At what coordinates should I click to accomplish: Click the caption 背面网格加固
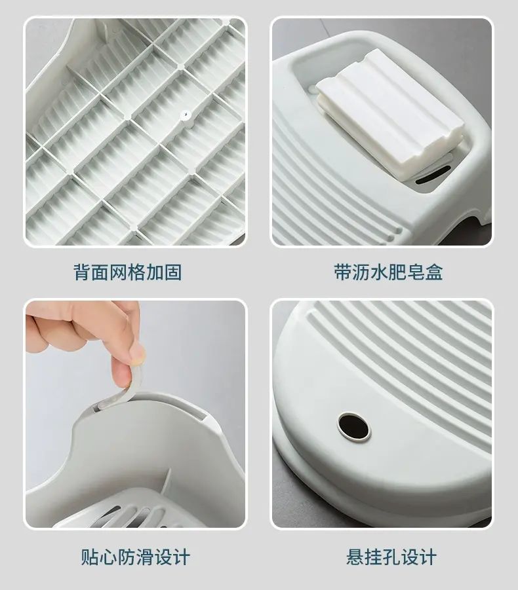pos(128,272)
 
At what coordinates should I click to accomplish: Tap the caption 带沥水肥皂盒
pos(388,272)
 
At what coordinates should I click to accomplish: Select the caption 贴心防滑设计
pos(135,557)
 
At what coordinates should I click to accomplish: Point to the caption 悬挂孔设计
pos(391,557)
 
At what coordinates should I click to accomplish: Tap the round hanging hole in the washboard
pos(353,426)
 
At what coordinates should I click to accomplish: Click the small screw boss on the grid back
pos(185,115)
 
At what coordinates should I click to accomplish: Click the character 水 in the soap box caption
pos(380,272)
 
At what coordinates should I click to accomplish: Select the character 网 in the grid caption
pos(119,272)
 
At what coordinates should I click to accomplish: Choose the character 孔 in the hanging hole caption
pos(391,557)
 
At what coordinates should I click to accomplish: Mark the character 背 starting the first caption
pos(82,272)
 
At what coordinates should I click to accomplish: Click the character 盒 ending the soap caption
pos(434,272)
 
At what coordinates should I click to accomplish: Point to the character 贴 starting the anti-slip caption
pos(90,557)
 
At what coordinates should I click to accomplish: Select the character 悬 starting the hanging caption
pos(355,557)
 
